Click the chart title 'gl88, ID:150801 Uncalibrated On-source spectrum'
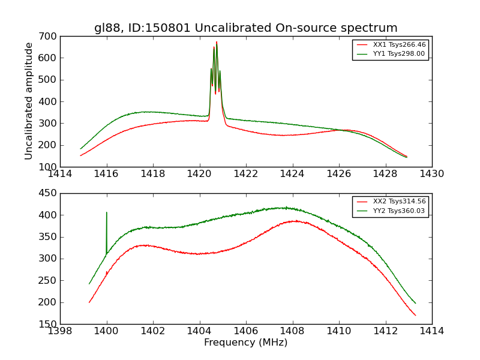pyautogui.click(x=245, y=28)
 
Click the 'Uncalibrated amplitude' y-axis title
pyautogui.click(x=29, y=101)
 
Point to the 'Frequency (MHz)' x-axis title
pyautogui.click(x=245, y=343)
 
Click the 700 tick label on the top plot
pyautogui.click(x=49, y=36)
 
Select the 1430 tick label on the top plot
pyautogui.click(x=431, y=174)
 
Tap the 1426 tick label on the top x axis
pyautogui.click(x=338, y=174)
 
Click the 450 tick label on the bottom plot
pyautogui.click(x=49, y=193)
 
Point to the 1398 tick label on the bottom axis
pyautogui.click(x=60, y=331)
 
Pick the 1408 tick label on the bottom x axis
pyautogui.click(x=292, y=331)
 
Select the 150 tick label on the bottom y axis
pyautogui.click(x=49, y=324)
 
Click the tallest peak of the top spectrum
pyautogui.click(x=217, y=42)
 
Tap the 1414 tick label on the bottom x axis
pyautogui.click(x=431, y=331)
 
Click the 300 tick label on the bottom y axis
pyautogui.click(x=49, y=259)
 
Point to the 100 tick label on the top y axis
pyautogui.click(x=49, y=167)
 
